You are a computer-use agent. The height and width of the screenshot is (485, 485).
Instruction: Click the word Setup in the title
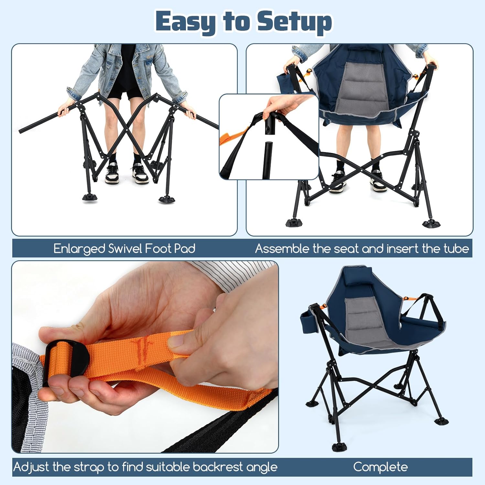294,22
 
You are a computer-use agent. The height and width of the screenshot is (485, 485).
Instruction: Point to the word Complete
380,467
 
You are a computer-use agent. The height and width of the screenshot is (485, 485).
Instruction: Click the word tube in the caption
456,249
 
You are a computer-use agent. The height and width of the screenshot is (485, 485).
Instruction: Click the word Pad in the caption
185,249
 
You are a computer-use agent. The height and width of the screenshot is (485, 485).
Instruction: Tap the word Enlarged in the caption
79,249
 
